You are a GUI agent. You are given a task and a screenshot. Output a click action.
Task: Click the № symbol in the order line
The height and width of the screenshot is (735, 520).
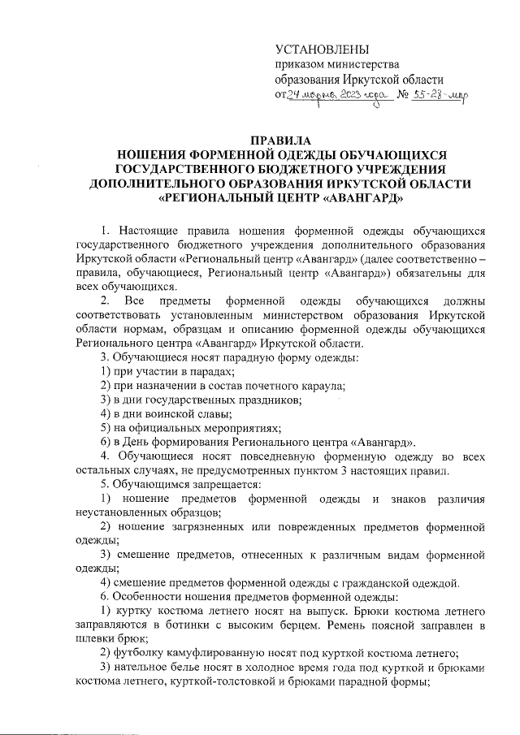coord(401,96)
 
